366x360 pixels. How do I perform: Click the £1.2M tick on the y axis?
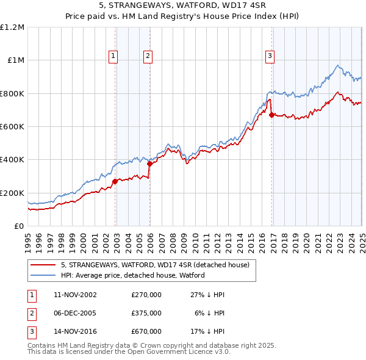[x=12, y=27]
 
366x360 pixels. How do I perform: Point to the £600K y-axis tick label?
[x=12, y=126]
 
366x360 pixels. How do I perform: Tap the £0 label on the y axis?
[x=20, y=226]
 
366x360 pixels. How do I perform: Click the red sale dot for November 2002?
[x=115, y=181]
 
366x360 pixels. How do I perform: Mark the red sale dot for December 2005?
[x=149, y=164]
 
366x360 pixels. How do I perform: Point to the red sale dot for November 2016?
[x=271, y=115]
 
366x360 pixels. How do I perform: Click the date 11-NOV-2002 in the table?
[x=75, y=295]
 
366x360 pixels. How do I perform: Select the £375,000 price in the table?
[x=146, y=313]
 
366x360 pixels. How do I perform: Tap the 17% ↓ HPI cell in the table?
[x=208, y=332]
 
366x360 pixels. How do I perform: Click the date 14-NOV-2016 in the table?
[x=75, y=332]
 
